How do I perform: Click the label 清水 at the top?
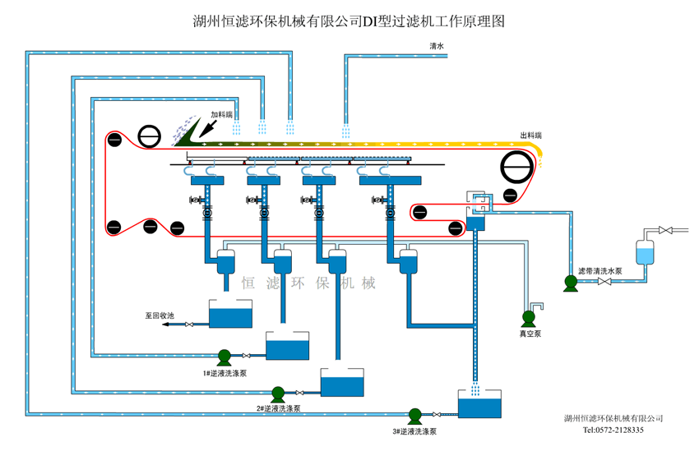(x=437, y=47)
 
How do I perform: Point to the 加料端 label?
(x=222, y=114)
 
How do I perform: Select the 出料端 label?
(x=530, y=135)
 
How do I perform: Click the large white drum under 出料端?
(x=517, y=168)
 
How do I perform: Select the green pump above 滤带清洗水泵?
(x=569, y=283)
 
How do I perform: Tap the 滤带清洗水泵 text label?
(x=600, y=270)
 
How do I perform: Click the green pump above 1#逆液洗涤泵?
(x=224, y=357)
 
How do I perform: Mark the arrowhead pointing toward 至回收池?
(x=165, y=324)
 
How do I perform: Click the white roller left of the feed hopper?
(x=150, y=137)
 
